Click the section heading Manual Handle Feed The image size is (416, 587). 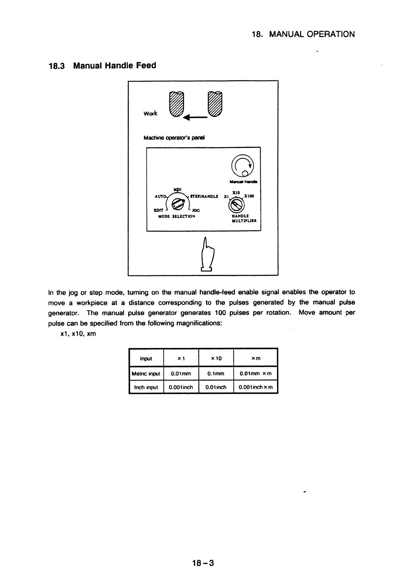tap(115, 66)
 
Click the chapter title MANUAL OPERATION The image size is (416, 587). tap(312, 34)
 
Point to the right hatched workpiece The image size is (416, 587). tap(214, 104)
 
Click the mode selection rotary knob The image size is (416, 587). tap(179, 203)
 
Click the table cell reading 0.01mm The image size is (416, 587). tap(181, 374)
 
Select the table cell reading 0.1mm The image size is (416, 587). tap(216, 374)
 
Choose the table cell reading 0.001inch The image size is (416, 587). tap(181, 387)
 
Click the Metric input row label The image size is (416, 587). tap(146, 374)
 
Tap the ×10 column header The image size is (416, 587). tap(216, 358)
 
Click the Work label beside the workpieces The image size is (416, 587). tap(151, 113)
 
